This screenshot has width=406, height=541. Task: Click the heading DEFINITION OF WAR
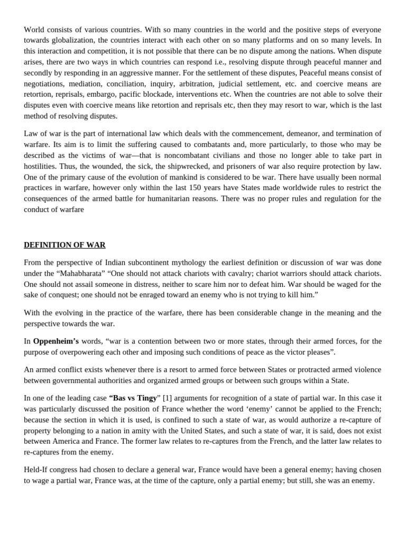tap(64, 245)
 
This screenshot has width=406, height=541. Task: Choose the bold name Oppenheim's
tap(56, 341)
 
